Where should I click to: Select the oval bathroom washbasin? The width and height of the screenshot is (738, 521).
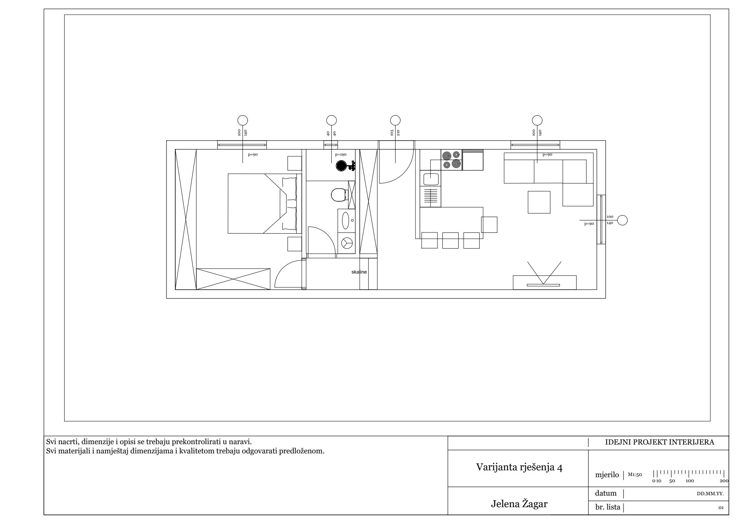[346, 220]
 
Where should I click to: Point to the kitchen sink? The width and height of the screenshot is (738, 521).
[430, 179]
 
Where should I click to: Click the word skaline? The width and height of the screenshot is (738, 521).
[359, 272]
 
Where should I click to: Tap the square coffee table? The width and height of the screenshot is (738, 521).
[539, 202]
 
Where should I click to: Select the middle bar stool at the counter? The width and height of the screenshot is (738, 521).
[450, 241]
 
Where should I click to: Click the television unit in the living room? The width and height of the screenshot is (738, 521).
[545, 282]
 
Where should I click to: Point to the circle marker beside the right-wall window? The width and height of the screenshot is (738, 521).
[623, 221]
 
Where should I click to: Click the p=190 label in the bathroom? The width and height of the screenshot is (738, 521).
[341, 154]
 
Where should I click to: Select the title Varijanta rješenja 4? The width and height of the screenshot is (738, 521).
[520, 467]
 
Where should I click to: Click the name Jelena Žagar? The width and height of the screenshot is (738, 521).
[519, 504]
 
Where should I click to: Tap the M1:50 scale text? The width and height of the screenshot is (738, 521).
[635, 475]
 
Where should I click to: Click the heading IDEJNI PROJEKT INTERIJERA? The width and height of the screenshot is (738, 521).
[660, 442]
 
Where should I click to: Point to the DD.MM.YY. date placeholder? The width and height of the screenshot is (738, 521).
[710, 494]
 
